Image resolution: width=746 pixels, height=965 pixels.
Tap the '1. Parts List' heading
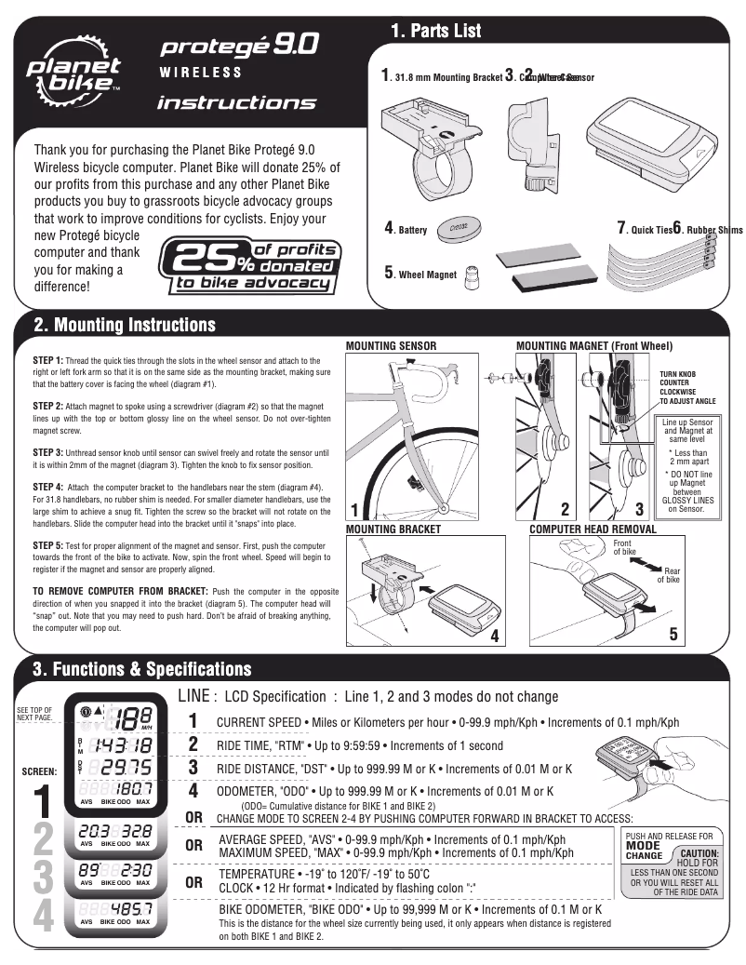coord(435,32)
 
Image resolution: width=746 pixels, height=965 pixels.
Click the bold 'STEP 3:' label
coord(47,451)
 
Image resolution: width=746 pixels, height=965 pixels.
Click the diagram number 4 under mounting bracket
coord(495,637)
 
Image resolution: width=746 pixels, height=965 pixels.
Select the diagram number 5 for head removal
coord(674,636)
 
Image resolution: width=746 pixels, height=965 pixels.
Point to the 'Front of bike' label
coord(623,547)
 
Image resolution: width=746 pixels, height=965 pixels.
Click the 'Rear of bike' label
coord(669,574)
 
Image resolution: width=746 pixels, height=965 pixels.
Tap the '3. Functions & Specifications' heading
coord(141,669)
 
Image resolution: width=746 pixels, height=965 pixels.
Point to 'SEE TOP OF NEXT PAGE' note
coord(34,714)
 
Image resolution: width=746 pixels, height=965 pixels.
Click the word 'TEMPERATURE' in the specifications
coord(258,875)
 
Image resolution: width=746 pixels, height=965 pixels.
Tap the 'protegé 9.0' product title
coord(240,44)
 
